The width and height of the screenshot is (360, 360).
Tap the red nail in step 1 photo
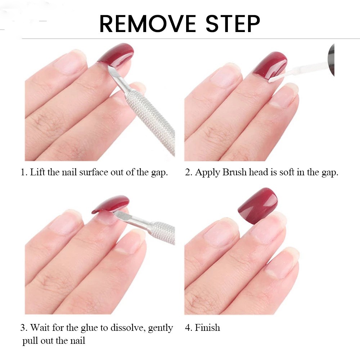117,54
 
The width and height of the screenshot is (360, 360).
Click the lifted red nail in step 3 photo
110,204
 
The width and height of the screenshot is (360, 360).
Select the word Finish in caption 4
207,328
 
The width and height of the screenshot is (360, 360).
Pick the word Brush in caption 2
234,172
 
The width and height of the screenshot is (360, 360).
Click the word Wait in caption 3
40,328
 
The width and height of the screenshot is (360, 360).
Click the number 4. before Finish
188,328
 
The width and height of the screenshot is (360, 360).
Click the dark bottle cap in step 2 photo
331,59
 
